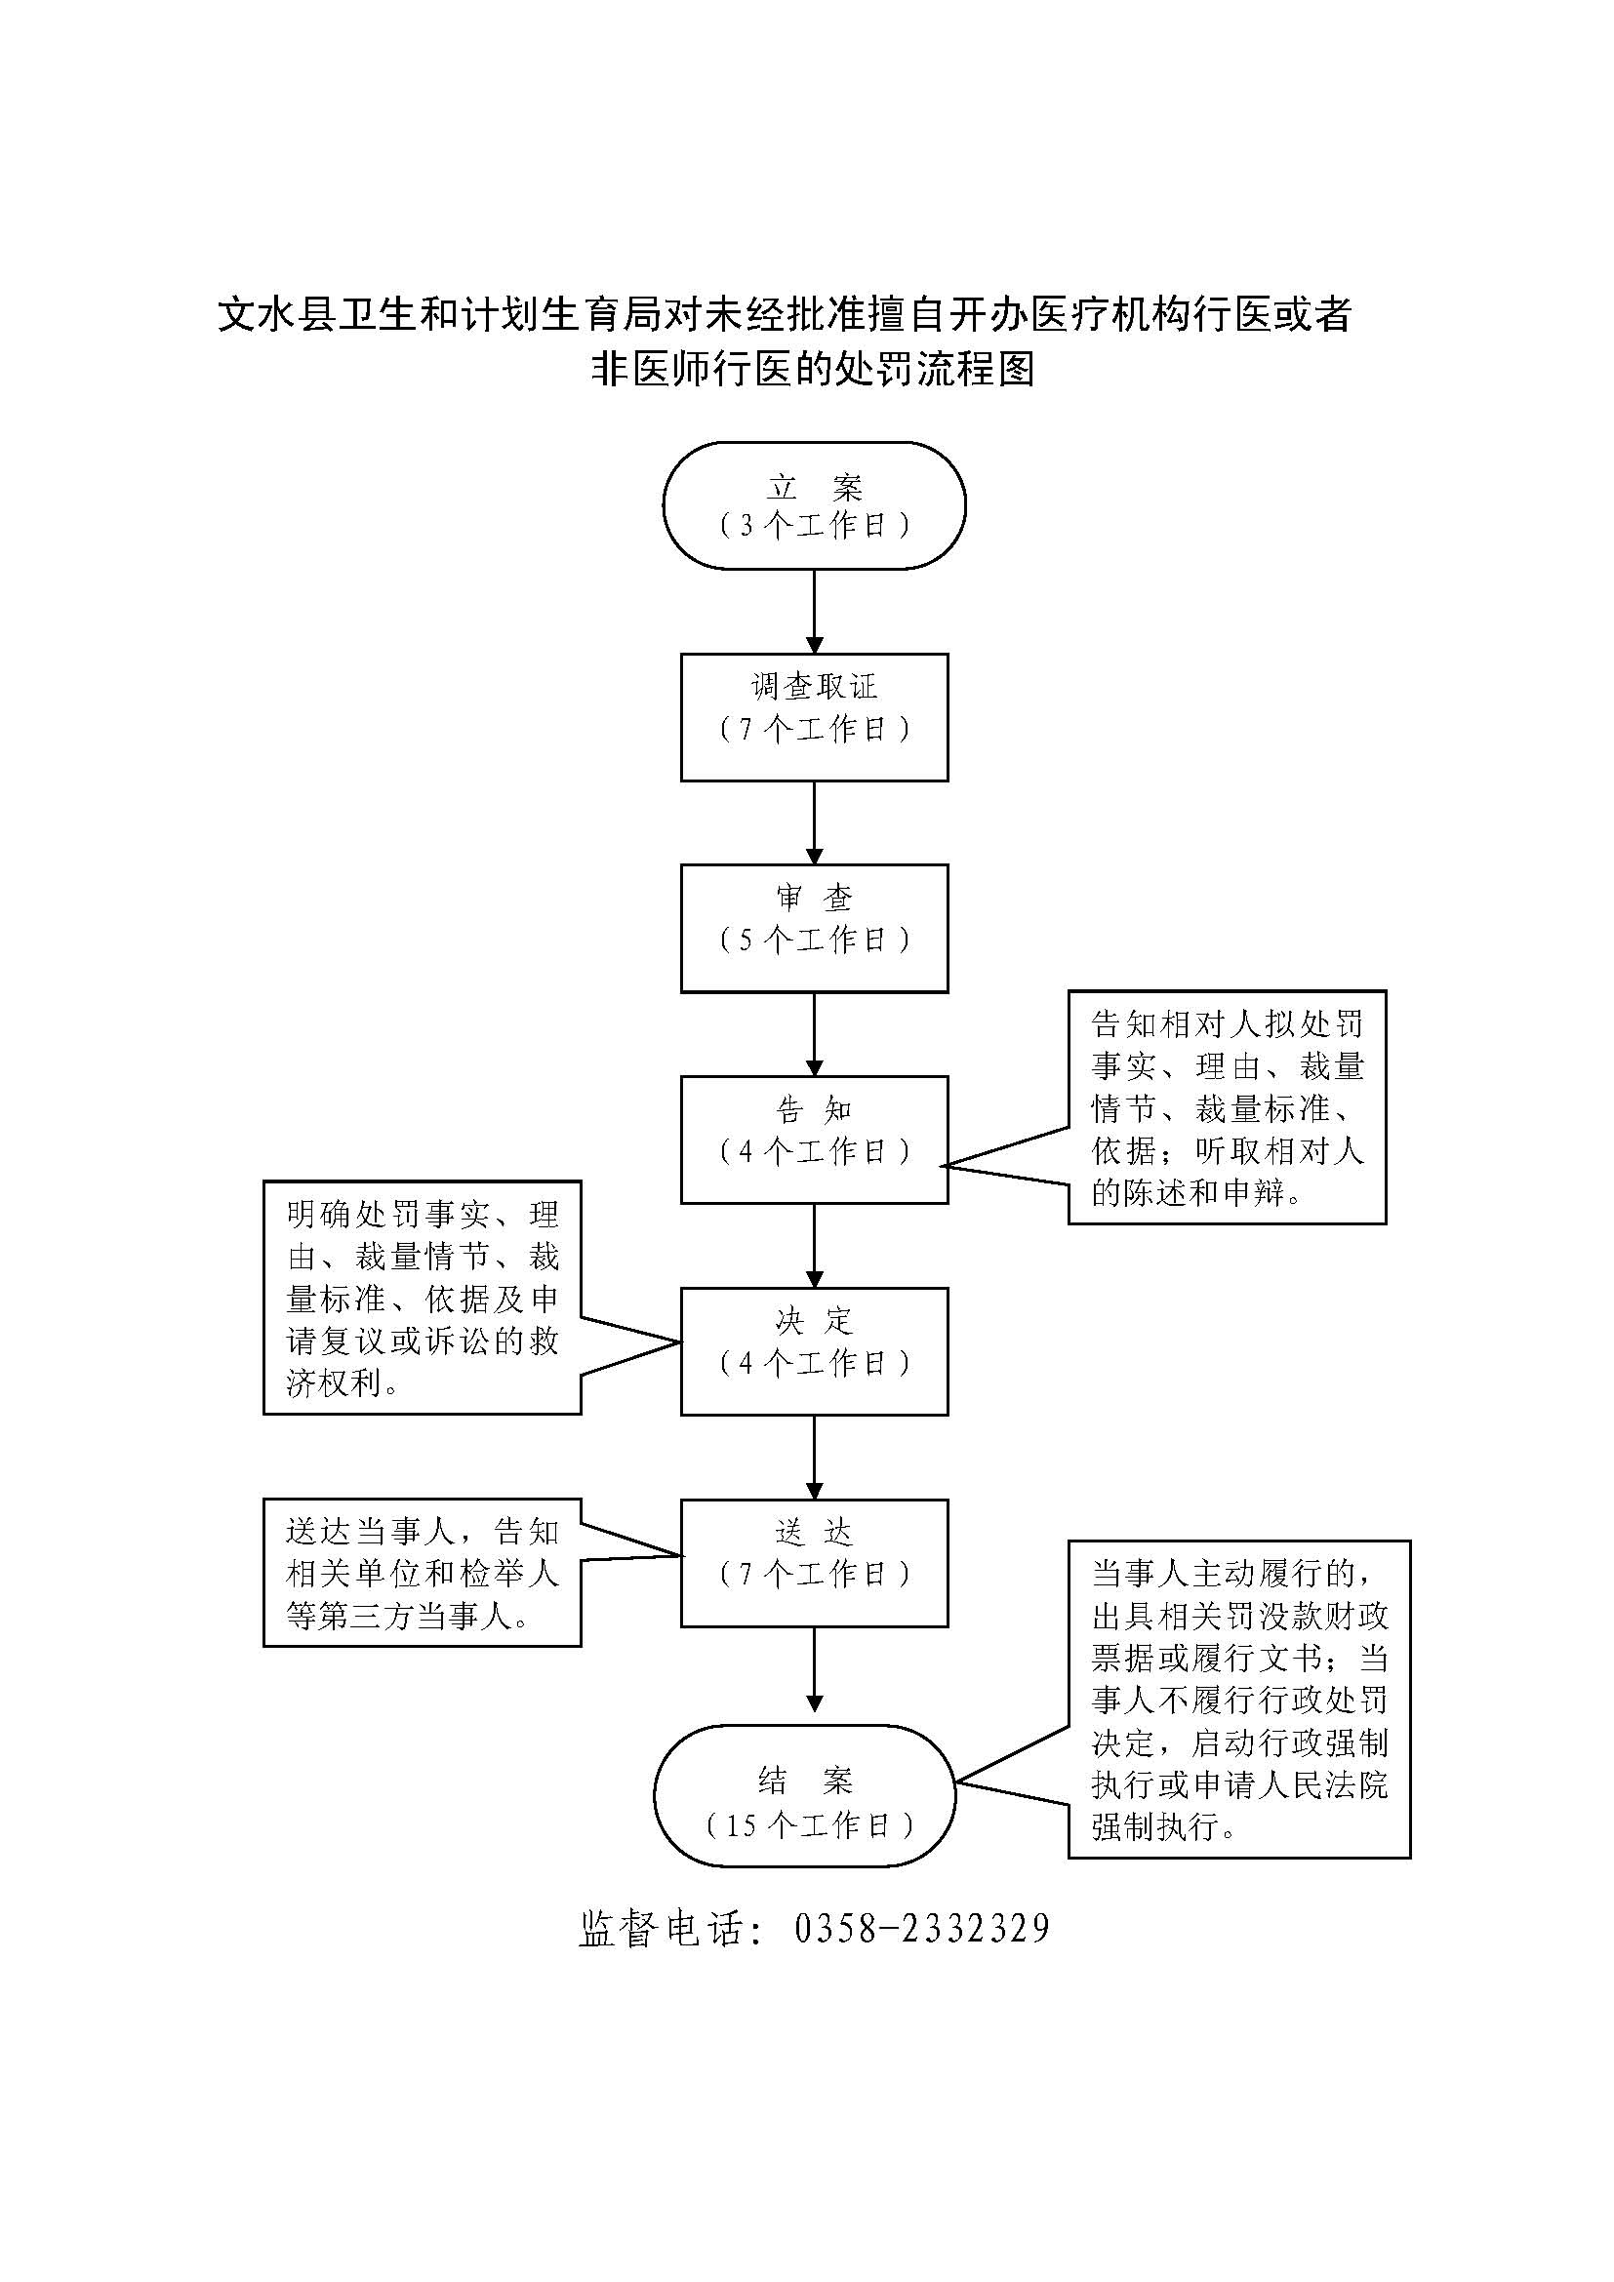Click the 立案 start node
click(x=814, y=505)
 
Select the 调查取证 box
click(x=814, y=717)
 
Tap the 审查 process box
click(x=814, y=927)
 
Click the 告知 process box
click(x=814, y=1139)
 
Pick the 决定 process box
click(x=814, y=1350)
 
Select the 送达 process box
click(x=814, y=1562)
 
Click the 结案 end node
click(x=804, y=1795)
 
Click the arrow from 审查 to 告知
click(x=814, y=1033)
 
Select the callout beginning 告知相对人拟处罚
click(x=1227, y=1106)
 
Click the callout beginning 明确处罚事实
click(x=422, y=1297)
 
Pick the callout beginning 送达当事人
click(x=422, y=1573)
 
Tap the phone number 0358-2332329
click(x=922, y=1928)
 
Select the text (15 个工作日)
click(x=809, y=1824)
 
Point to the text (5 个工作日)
click(x=814, y=940)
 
